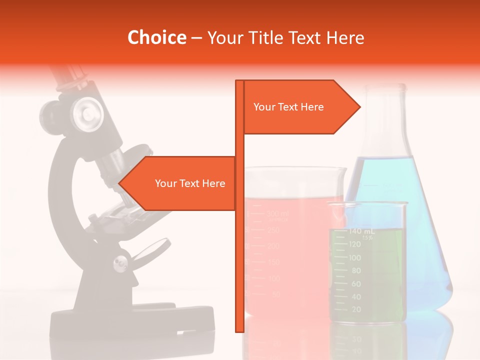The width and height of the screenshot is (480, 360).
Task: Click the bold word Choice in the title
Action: point(156,38)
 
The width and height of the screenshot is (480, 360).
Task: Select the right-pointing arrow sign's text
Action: point(288,107)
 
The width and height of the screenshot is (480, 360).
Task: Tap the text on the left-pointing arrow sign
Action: point(190,183)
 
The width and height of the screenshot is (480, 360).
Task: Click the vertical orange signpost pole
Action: point(239,250)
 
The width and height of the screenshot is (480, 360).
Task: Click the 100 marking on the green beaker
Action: point(354,258)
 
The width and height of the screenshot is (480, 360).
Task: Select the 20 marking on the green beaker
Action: point(356,310)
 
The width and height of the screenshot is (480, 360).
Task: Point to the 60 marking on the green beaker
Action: point(355,284)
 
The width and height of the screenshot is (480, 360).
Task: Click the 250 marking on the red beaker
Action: point(273,230)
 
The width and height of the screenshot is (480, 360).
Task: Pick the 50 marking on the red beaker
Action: point(275,294)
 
